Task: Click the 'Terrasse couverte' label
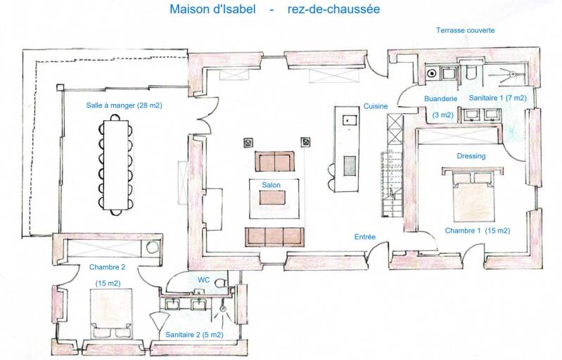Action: coord(465,30)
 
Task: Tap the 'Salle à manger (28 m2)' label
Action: coord(124,105)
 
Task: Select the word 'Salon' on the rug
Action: coord(271,185)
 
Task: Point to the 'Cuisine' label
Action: coord(376,106)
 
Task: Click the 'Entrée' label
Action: coord(365,237)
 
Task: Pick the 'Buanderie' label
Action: coord(440,98)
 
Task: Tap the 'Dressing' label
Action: coord(471,156)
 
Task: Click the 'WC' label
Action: coord(203,280)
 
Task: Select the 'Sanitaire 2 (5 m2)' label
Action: coord(194,335)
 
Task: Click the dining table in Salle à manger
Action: coord(115,165)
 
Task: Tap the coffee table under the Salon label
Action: coord(272,198)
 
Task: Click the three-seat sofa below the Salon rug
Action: coord(274,236)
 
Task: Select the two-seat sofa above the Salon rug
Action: coord(274,161)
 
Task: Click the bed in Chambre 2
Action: coord(110,313)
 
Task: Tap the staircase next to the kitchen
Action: coord(392,184)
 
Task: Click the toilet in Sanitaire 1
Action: coord(471,72)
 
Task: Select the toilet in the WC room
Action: coord(221,283)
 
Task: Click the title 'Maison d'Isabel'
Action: coord(212,8)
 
